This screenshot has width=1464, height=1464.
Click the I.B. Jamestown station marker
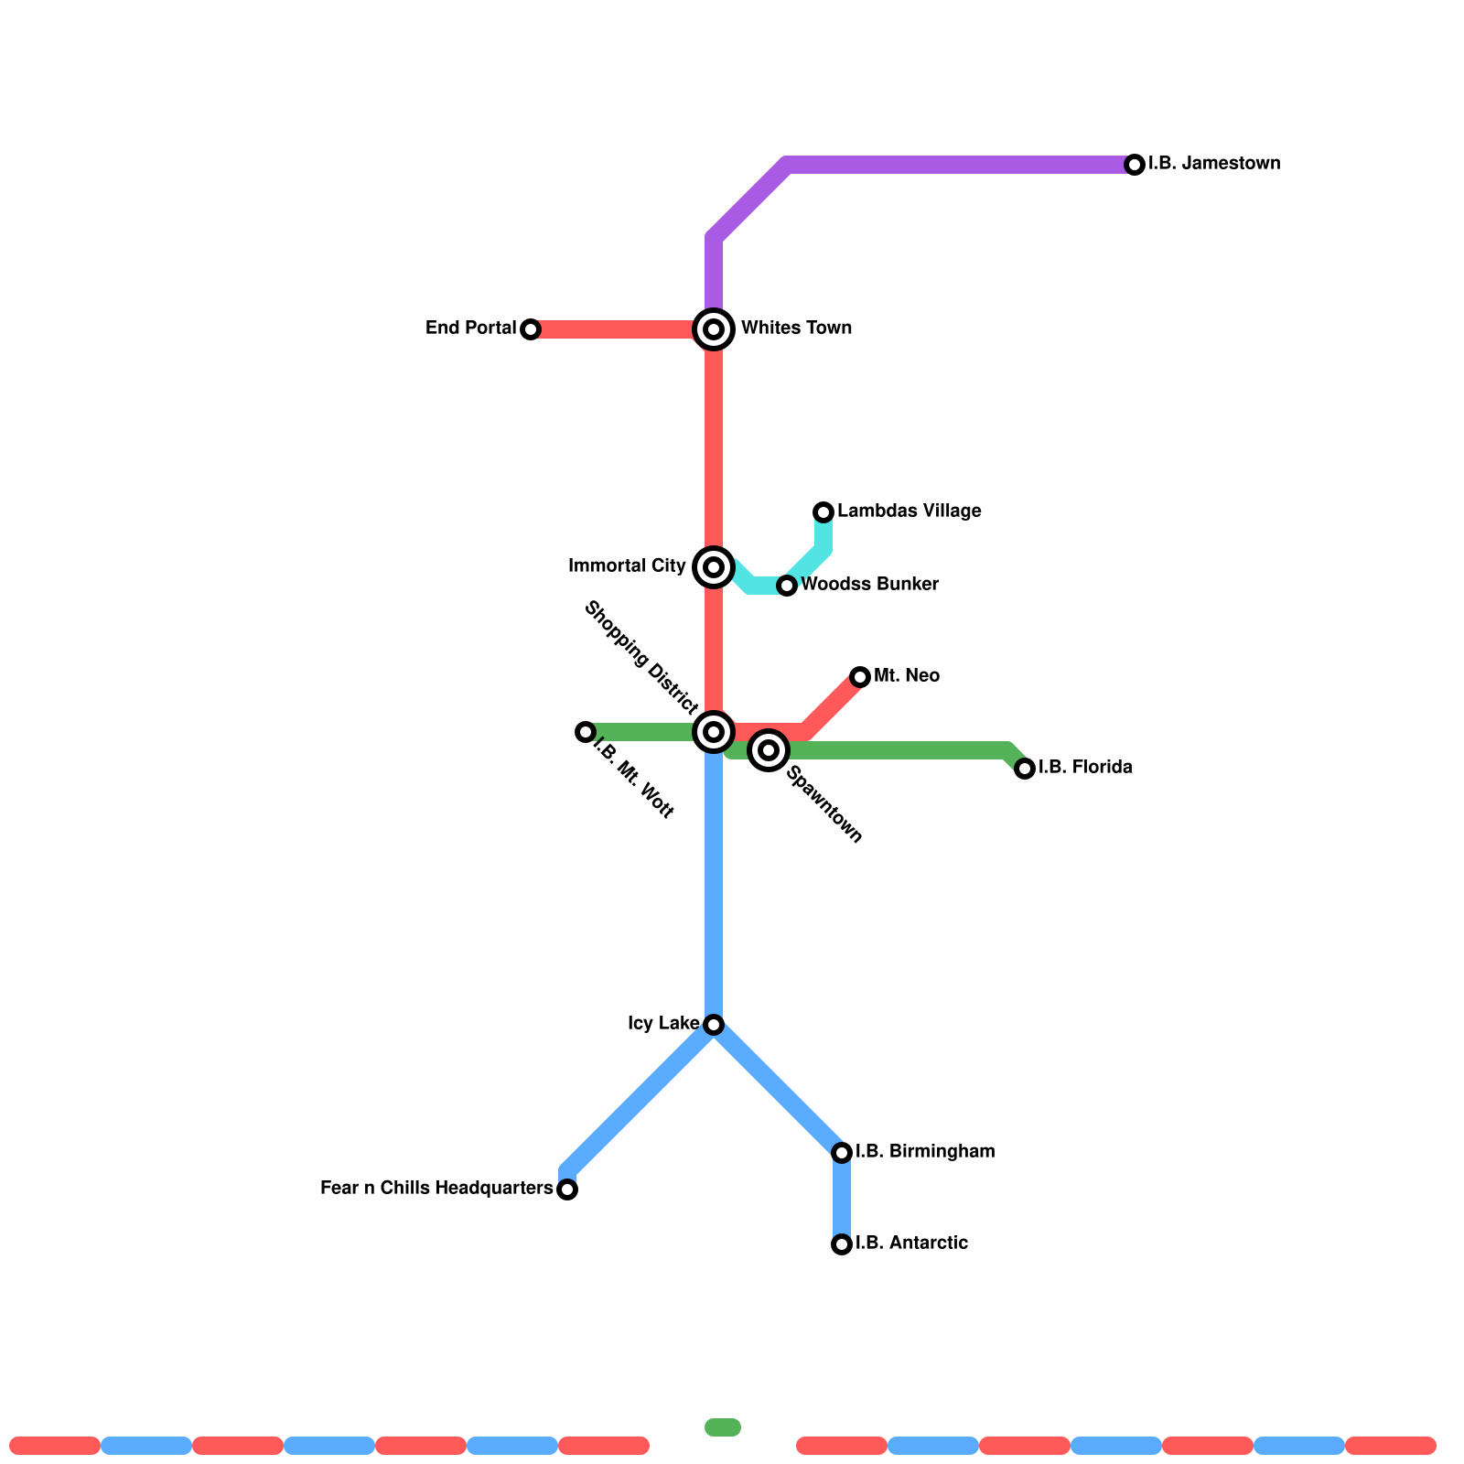(x=1135, y=165)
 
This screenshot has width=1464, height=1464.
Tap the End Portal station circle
(x=531, y=329)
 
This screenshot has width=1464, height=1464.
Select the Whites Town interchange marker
(x=714, y=329)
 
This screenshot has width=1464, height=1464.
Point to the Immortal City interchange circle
(x=714, y=567)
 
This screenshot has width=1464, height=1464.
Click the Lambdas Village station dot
(x=823, y=512)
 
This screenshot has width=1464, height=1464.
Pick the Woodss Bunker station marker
(x=787, y=586)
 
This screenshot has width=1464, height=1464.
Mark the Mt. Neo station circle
(x=860, y=677)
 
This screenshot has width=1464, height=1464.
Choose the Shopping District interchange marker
(x=714, y=732)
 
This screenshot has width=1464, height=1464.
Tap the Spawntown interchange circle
(x=769, y=750)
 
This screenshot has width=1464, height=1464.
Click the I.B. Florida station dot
(x=1025, y=769)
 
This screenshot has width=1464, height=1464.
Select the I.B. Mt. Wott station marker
(x=586, y=732)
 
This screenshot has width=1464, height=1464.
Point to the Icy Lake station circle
(x=714, y=1025)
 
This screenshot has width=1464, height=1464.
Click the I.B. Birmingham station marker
(x=842, y=1153)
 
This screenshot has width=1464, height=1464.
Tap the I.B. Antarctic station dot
(x=842, y=1244)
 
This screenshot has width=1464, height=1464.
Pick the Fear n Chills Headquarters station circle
(x=567, y=1189)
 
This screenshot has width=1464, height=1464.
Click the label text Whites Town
(x=796, y=328)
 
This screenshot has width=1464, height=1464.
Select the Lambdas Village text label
(x=909, y=511)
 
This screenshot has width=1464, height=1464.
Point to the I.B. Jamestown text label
(x=1213, y=164)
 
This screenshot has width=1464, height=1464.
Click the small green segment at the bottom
(x=723, y=1427)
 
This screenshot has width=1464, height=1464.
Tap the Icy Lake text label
(x=663, y=1024)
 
